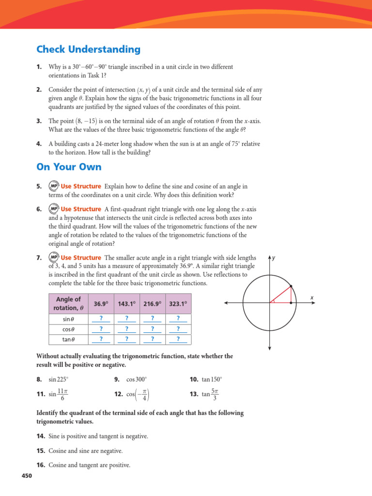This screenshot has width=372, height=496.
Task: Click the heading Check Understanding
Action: coord(88,49)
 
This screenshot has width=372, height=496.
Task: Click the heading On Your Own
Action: coord(69,167)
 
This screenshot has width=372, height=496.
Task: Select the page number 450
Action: coord(27,476)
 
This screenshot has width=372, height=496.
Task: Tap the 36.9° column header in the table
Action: coord(101,304)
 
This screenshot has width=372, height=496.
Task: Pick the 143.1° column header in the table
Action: coord(126,304)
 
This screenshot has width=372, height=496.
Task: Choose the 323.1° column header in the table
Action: coord(178,304)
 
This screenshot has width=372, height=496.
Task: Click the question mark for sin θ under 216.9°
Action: coord(152,318)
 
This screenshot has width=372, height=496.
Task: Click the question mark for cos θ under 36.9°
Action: coord(101,329)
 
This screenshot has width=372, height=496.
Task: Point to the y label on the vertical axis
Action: coord(274,258)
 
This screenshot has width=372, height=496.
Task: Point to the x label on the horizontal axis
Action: coord(312,297)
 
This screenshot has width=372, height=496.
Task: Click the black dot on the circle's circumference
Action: coord(291,286)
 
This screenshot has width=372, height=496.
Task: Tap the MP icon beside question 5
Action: coord(54,186)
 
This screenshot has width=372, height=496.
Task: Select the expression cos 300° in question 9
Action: coord(136,379)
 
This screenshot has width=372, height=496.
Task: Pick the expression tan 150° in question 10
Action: coord(212,379)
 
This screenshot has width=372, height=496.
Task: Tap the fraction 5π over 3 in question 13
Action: coord(215,394)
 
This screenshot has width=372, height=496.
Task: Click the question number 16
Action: coord(41,465)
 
